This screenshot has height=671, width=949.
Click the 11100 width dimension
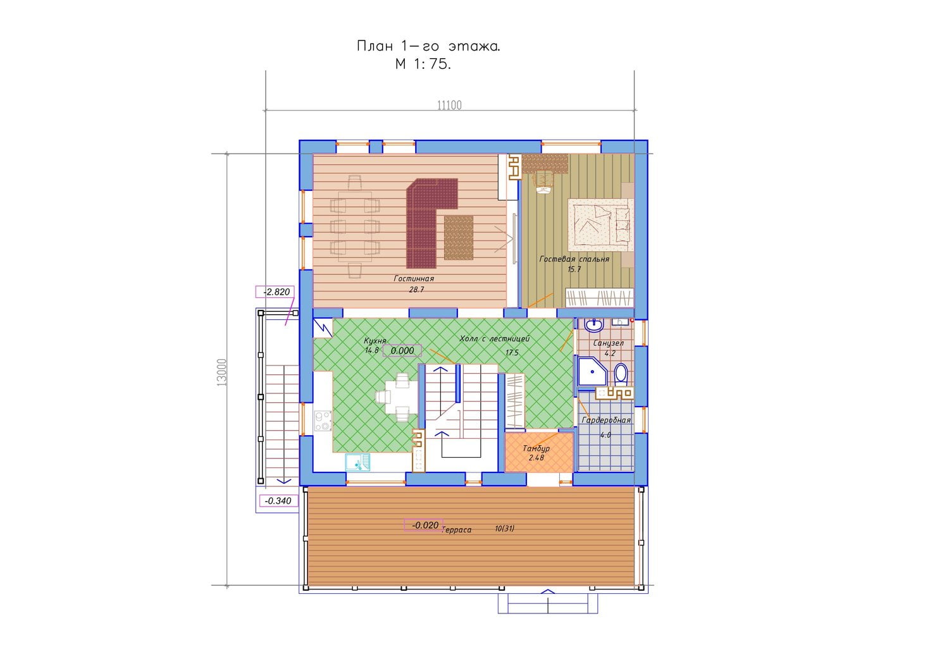tap(449, 105)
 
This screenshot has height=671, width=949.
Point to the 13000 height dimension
tap(221, 372)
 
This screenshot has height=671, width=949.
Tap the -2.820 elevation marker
tap(275, 292)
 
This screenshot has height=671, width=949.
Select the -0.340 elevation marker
tap(278, 501)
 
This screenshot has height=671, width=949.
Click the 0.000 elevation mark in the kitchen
tap(402, 351)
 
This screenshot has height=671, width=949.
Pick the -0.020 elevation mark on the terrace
tap(424, 526)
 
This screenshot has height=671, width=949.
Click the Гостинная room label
tap(414, 279)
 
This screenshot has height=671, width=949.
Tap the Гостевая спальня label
tap(574, 259)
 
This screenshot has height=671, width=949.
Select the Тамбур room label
tap(536, 448)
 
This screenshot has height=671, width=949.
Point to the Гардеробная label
tap(606, 420)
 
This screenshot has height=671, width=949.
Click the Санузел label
tap(609, 343)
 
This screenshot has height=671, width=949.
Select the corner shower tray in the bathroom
tap(592, 371)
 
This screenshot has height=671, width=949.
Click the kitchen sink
tap(357, 462)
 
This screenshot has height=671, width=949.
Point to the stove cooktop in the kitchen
tap(323, 421)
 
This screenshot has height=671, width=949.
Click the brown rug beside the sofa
tap(459, 238)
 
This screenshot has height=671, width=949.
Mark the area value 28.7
tap(416, 290)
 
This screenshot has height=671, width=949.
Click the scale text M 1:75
tap(423, 64)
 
